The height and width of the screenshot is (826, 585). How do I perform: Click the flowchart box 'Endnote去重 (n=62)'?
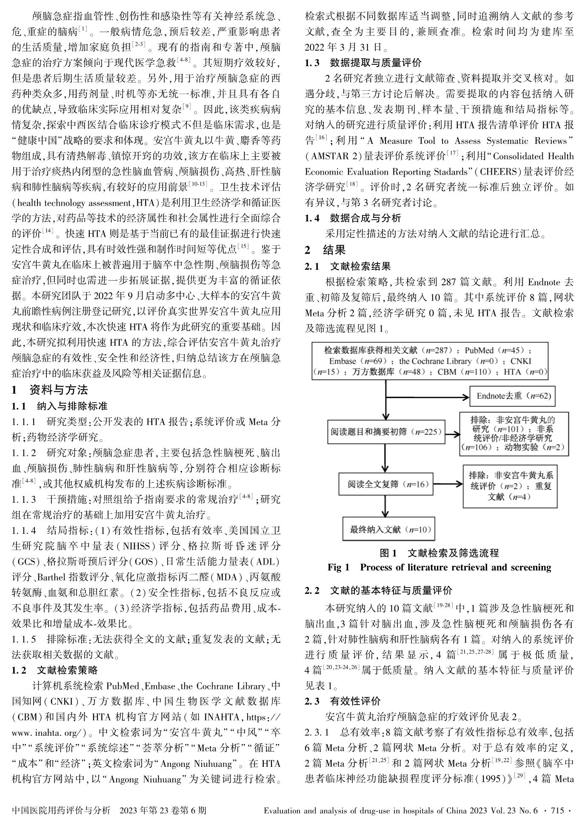point(513,396)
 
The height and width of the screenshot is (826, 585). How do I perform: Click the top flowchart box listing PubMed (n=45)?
point(430,361)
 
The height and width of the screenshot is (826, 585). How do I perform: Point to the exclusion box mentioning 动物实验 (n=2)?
point(514,433)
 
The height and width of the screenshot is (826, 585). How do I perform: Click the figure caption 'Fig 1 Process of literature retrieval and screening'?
point(439,568)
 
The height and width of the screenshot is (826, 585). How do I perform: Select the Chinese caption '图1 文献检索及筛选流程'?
point(439,553)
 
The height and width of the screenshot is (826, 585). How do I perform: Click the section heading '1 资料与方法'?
point(50,390)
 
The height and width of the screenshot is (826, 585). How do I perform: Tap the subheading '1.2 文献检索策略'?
point(55,671)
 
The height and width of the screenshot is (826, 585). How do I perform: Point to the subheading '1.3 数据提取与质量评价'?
point(363,63)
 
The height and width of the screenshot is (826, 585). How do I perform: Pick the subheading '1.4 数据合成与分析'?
point(353,218)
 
